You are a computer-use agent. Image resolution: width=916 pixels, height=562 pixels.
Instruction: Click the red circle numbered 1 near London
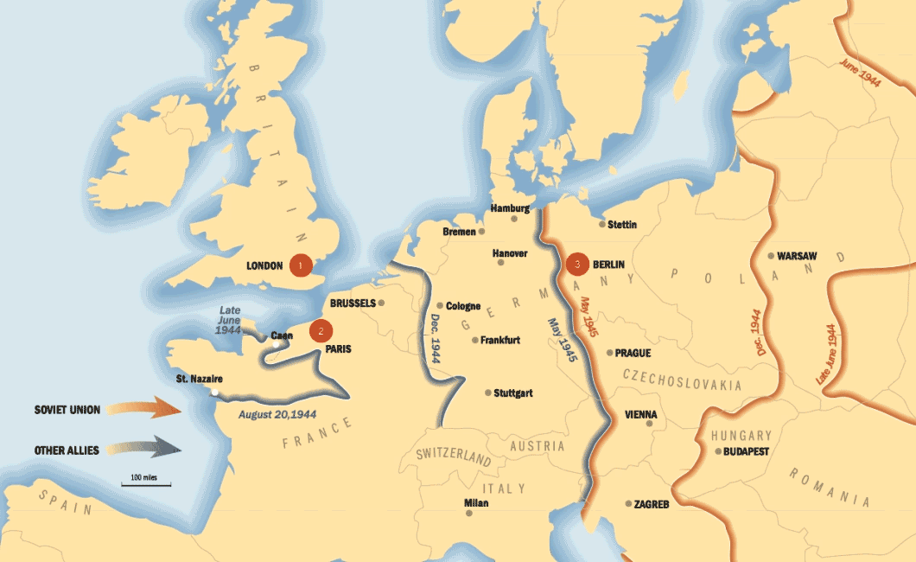click(x=300, y=265)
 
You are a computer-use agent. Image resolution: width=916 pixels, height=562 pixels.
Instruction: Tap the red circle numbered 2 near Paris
click(x=321, y=329)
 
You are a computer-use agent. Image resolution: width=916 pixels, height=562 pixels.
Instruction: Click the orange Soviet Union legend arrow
click(x=155, y=409)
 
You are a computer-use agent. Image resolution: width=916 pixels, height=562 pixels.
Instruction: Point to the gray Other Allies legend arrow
click(x=155, y=450)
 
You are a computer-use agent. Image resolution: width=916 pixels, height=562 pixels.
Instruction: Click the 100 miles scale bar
click(x=144, y=483)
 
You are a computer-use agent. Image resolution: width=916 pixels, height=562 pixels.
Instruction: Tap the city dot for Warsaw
click(x=771, y=256)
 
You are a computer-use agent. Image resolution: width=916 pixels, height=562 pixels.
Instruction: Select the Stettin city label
click(x=622, y=225)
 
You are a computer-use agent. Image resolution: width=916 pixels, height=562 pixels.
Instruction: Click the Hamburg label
click(x=510, y=208)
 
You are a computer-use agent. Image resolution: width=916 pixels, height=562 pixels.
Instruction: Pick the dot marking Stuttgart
click(x=488, y=393)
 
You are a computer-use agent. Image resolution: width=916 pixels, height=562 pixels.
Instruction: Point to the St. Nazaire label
click(x=200, y=379)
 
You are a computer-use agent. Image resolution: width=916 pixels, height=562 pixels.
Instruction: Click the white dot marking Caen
click(x=276, y=344)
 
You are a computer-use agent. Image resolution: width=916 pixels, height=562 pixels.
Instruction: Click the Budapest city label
click(x=747, y=451)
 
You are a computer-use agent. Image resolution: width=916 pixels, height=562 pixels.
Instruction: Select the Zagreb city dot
click(x=628, y=503)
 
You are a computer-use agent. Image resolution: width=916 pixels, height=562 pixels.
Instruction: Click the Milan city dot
click(x=469, y=514)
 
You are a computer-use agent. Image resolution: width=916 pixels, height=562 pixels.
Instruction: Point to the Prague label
click(x=633, y=353)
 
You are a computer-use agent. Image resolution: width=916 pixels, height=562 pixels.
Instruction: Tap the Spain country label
click(x=64, y=503)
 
